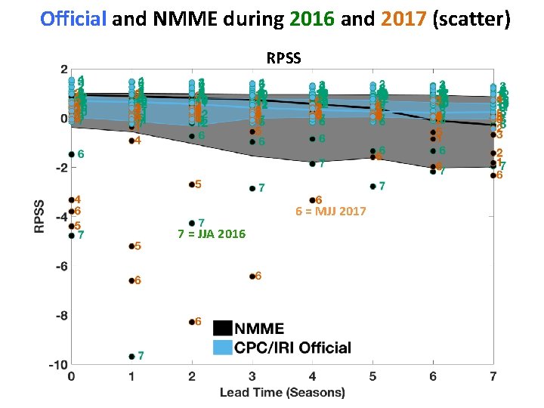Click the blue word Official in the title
(x=73, y=19)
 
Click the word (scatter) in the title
(x=471, y=19)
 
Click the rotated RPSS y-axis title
(x=39, y=216)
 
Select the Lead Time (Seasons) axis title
(x=283, y=392)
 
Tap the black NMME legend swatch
(x=223, y=328)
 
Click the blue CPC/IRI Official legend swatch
(x=223, y=348)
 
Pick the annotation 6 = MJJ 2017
(x=330, y=212)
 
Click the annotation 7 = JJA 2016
(x=211, y=234)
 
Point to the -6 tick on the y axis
(x=58, y=266)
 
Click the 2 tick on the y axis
(x=61, y=69)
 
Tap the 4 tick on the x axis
(x=312, y=376)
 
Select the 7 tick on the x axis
(x=493, y=376)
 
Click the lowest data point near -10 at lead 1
(x=131, y=356)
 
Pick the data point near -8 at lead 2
(x=192, y=322)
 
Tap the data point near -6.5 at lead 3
(x=252, y=277)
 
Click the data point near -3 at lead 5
(x=372, y=186)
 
